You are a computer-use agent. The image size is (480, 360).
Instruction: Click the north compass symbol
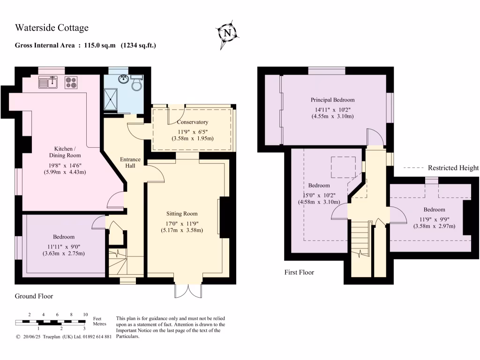pyautogui.click(x=228, y=33)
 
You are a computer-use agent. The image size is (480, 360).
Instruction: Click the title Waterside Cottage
pyautogui.click(x=52, y=28)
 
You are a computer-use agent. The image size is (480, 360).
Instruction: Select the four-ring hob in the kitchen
pyautogui.click(x=71, y=82)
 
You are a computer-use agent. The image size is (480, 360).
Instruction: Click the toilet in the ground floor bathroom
pyautogui.click(x=137, y=83)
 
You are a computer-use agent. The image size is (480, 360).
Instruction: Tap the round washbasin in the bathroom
pyautogui.click(x=124, y=79)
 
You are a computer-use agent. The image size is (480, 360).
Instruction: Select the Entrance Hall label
pyautogui.click(x=130, y=162)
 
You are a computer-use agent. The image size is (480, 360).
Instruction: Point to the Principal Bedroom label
pyautogui.click(x=332, y=100)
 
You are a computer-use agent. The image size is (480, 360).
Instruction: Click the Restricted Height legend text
pyautogui.click(x=453, y=168)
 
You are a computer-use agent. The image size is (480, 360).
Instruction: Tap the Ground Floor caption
pyautogui.click(x=34, y=296)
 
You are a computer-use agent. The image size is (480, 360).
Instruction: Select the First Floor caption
pyautogui.click(x=299, y=272)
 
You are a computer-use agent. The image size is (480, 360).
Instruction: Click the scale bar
pyautogui.click(x=51, y=322)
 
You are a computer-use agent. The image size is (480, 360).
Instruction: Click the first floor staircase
pyautogui.click(x=361, y=239)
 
